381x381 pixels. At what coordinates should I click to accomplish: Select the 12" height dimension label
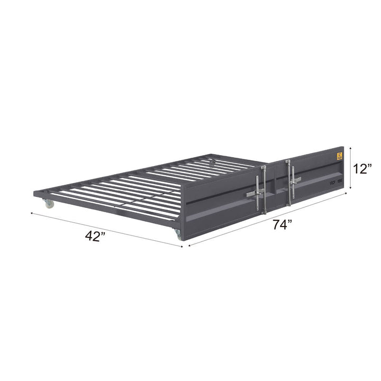pyautogui.click(x=363, y=169)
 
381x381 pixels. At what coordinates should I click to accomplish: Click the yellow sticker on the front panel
pyautogui.click(x=339, y=156)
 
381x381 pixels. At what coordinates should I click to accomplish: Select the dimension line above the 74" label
pyautogui.click(x=270, y=217)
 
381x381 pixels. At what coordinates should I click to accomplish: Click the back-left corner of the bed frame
pyautogui.click(x=35, y=194)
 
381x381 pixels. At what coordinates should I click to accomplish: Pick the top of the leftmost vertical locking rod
pyautogui.click(x=262, y=166)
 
